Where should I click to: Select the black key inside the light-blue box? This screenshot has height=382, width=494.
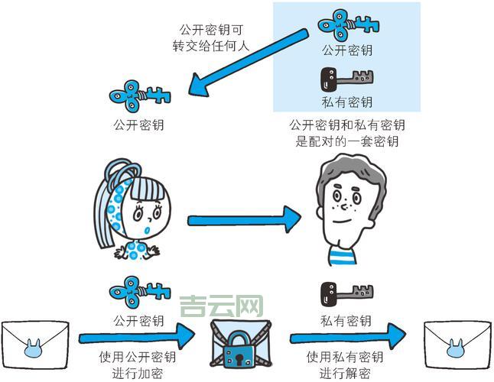[x=346, y=79]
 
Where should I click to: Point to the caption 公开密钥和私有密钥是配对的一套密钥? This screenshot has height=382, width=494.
[x=346, y=133]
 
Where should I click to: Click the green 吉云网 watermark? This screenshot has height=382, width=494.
[x=221, y=308]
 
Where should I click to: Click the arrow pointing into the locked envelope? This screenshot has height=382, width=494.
[x=138, y=335]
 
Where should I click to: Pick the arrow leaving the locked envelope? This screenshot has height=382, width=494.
[x=348, y=335]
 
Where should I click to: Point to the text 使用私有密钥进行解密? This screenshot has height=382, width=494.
[x=346, y=364]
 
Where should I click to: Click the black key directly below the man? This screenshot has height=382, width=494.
[x=346, y=294]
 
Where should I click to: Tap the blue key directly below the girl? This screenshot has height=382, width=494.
[x=138, y=292]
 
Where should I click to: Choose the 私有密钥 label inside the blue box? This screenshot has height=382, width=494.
[x=346, y=102]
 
